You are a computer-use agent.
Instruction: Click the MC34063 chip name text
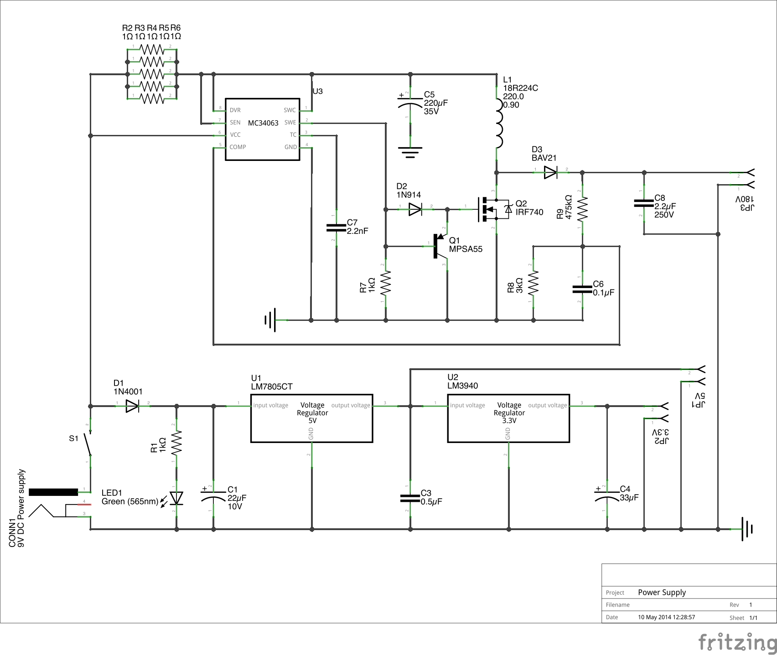(x=263, y=123)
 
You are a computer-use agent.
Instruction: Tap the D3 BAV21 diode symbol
(x=550, y=172)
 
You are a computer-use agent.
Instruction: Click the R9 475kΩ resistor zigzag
(x=582, y=209)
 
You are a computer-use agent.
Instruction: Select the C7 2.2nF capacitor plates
(x=336, y=227)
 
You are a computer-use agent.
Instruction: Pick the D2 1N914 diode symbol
(x=415, y=209)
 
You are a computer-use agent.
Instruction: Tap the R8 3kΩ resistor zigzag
(x=533, y=283)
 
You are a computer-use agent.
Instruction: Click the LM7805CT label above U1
(x=272, y=387)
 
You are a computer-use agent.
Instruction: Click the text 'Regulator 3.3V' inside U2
(x=509, y=417)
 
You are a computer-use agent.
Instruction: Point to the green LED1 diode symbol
(x=176, y=498)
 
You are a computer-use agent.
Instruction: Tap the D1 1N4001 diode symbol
(x=132, y=406)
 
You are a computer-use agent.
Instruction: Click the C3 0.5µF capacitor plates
(x=410, y=498)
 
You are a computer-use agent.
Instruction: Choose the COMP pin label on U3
(x=238, y=147)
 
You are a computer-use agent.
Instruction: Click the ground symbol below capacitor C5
(x=410, y=151)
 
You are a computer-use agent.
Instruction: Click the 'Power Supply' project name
(x=662, y=592)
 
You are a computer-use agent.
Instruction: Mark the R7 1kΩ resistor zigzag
(x=386, y=283)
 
